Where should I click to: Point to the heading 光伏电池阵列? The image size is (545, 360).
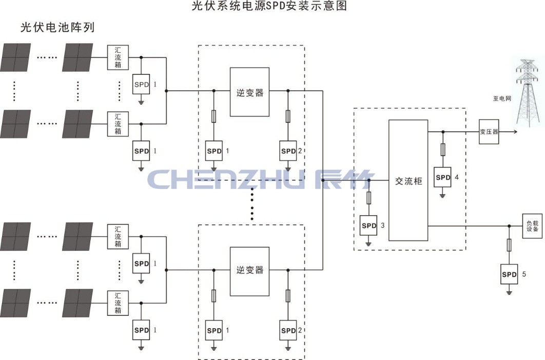[x=57, y=27]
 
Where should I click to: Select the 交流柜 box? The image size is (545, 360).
[x=408, y=180]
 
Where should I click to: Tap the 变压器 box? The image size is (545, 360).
[x=489, y=131]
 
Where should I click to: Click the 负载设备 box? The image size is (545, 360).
[x=533, y=226]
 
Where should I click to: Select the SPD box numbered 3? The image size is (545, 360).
[x=368, y=226]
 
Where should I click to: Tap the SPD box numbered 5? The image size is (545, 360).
[x=509, y=275]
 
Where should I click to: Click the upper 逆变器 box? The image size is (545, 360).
[x=250, y=92]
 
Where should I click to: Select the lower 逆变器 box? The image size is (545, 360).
[x=250, y=271]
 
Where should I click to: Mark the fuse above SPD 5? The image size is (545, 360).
[x=509, y=245]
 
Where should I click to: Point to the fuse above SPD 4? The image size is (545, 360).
[x=443, y=149]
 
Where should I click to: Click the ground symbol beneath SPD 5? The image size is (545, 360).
[x=509, y=292]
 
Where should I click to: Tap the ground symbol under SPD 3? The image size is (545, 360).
[x=368, y=243]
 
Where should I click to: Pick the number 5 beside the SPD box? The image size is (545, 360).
[x=524, y=274]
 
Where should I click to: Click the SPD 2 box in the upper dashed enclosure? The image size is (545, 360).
[x=288, y=151]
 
